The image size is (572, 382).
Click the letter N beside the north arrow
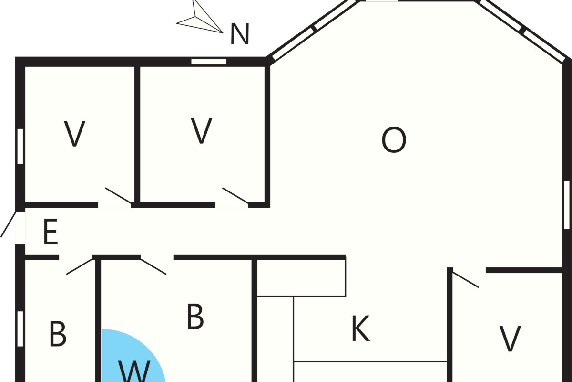coord(239,34)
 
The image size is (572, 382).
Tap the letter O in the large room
coord(394,140)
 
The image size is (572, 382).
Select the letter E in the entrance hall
coord(51,232)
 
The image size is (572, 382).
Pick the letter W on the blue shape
coord(134,371)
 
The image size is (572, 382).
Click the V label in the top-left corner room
coord(74,134)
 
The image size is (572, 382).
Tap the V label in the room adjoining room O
coord(202,130)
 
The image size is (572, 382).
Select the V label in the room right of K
coord(510,339)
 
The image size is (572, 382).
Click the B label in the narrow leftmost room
coord(58,334)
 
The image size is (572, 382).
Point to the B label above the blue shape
coord(195,316)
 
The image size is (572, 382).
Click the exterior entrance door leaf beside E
coord(9,224)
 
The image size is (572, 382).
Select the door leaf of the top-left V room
coord(119,195)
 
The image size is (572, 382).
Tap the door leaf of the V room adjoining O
coord(235,195)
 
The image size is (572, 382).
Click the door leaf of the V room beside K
coord(465,280)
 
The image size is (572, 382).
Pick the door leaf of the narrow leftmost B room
coord(79,267)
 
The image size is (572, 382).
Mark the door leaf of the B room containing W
coord(153,267)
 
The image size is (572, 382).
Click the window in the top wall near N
coord(209,62)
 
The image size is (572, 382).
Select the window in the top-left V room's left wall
coord(20,146)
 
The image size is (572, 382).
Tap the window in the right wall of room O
coord(567,205)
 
